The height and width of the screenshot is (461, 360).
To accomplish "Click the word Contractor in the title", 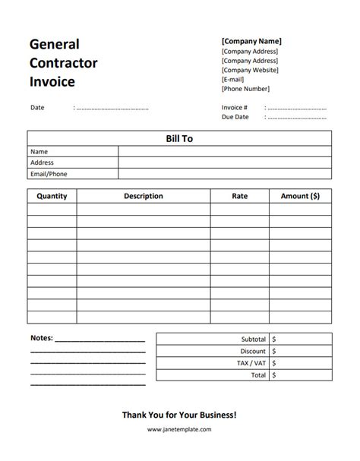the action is [x=64, y=63].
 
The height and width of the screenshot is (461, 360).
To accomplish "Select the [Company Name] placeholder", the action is [x=251, y=41].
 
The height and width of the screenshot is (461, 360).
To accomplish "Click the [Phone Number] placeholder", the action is [x=245, y=89].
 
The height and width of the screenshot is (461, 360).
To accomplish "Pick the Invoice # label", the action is [x=235, y=108].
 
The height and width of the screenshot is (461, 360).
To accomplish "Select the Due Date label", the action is [x=235, y=118].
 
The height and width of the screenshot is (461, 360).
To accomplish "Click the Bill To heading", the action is [x=180, y=138].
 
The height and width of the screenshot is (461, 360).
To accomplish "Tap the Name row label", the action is [x=39, y=151].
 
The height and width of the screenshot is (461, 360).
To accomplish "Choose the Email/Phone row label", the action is [x=49, y=173].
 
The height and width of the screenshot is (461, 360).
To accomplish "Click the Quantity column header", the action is [x=52, y=196].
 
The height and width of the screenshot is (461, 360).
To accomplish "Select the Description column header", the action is [x=143, y=196].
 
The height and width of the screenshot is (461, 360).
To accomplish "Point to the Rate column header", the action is [x=239, y=196].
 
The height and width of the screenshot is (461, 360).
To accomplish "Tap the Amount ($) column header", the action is [x=300, y=196].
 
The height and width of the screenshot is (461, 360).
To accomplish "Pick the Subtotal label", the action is [x=253, y=339].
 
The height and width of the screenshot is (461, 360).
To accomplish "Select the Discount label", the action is [x=253, y=352].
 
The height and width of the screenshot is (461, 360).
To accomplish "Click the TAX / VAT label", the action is [x=251, y=363].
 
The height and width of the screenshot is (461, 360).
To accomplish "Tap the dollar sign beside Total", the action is [x=274, y=375].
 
